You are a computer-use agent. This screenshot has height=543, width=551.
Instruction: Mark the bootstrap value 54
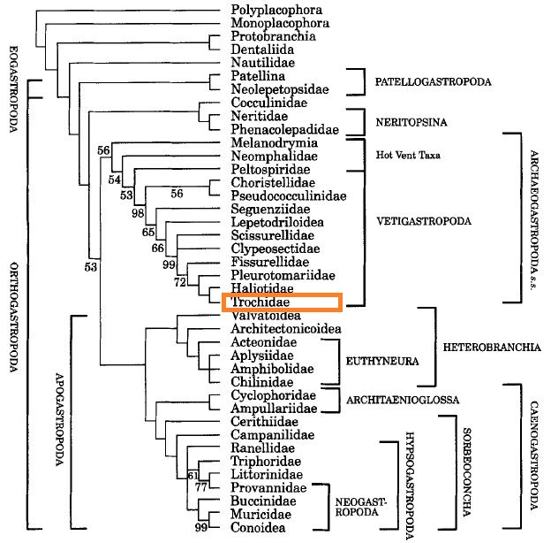(114, 180)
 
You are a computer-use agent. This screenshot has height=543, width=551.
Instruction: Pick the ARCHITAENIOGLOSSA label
(404, 400)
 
